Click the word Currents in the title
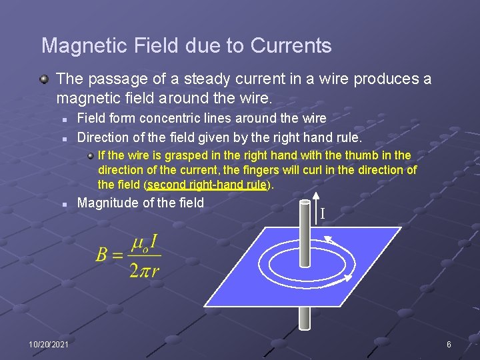tap(291, 45)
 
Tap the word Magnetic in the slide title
tap(84, 45)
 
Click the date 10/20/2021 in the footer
tap(49, 345)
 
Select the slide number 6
tap(449, 345)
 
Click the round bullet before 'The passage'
tap(45, 79)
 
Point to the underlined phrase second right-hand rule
tap(207, 185)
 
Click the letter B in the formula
tap(101, 254)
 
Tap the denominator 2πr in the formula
tap(144, 271)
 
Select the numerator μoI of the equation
tap(144, 244)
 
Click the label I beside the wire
tap(323, 213)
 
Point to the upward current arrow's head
tap(316, 196)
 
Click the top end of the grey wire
tap(305, 201)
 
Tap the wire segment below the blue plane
tap(305, 319)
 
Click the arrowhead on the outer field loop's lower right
tap(348, 277)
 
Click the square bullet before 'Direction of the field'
tap(65, 139)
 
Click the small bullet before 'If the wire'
tap(90, 157)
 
